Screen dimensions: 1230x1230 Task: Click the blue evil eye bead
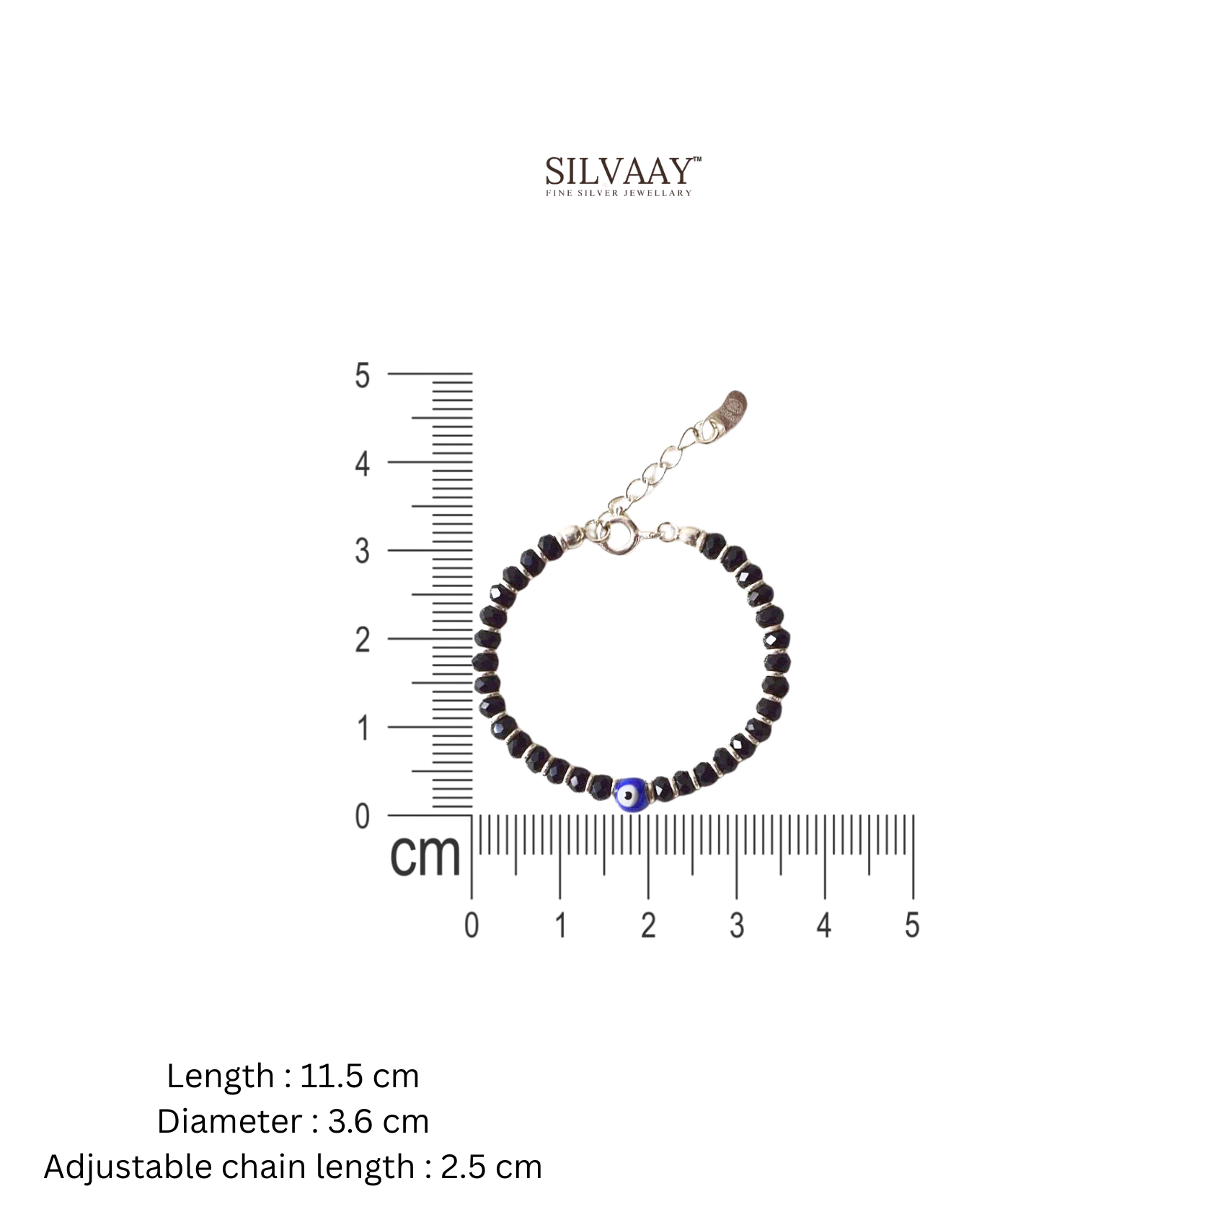[630, 795]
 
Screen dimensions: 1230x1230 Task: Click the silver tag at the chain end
[733, 410]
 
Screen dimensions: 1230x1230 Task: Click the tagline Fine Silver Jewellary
[619, 193]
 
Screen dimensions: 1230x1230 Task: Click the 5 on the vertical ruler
[362, 376]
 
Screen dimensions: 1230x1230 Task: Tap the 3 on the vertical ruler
[362, 552]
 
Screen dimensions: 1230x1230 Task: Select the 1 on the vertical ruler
[363, 728]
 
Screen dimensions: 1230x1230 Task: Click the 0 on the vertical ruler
[362, 817]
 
